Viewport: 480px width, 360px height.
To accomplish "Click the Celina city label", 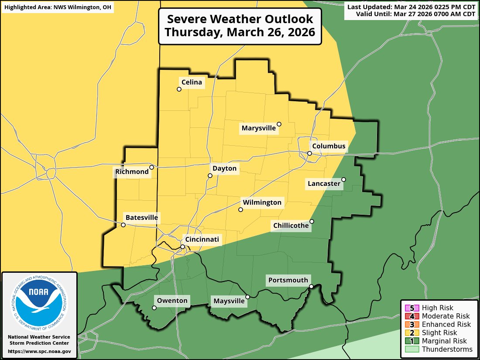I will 192,82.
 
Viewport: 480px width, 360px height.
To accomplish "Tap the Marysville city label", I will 259,128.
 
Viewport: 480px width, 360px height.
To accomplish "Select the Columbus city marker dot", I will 309,153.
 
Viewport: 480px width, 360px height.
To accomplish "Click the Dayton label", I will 224,168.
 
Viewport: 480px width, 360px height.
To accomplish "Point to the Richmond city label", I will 132,172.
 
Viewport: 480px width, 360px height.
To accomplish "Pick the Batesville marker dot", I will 123,225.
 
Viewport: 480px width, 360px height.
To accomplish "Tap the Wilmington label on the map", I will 262,202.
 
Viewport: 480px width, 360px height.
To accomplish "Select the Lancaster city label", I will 324,184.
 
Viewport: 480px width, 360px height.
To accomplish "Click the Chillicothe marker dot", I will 312,221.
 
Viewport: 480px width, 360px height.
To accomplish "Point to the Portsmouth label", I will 288,280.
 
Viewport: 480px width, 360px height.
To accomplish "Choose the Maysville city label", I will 229,301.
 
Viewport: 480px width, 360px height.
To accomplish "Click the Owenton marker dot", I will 154,308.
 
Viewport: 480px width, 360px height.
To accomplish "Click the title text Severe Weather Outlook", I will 240,19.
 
